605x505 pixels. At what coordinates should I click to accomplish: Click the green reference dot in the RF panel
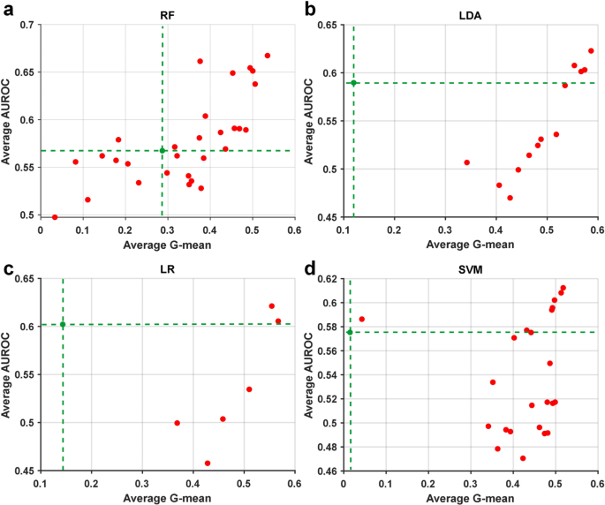[163, 151]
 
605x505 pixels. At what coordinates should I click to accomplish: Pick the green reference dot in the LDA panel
[353, 83]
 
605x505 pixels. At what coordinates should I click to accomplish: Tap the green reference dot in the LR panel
[63, 325]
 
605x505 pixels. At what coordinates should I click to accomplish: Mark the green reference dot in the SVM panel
[350, 332]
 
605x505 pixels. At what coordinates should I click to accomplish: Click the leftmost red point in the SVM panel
[361, 319]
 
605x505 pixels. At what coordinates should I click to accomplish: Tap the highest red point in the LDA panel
[591, 51]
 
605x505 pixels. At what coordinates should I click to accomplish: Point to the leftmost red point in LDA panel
[466, 162]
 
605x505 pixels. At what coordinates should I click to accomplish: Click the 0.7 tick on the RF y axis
[28, 25]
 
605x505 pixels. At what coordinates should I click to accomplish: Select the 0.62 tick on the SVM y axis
[329, 279]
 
